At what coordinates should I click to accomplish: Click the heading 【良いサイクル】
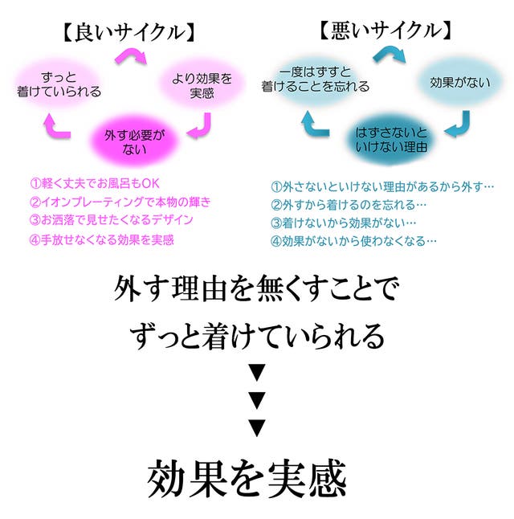click(x=128, y=32)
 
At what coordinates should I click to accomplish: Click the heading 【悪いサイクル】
click(x=385, y=31)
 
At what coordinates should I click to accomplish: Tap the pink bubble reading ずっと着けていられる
click(x=59, y=84)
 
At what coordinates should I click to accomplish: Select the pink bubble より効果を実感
click(x=202, y=85)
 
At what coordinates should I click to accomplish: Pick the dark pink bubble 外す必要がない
click(x=134, y=141)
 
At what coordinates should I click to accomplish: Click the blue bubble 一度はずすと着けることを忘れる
click(x=315, y=79)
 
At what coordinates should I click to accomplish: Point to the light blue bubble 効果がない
click(x=460, y=82)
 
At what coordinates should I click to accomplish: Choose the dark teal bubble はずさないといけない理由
click(x=391, y=140)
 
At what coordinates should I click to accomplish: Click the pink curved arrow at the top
click(x=132, y=55)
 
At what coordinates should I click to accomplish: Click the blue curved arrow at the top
click(x=390, y=55)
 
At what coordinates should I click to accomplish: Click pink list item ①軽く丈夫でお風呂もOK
click(x=95, y=183)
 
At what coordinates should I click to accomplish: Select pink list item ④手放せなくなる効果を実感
click(x=102, y=239)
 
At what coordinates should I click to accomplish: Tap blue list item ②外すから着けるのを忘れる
click(x=349, y=205)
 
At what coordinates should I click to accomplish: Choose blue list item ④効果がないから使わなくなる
click(x=353, y=241)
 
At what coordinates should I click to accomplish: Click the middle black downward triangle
click(x=257, y=400)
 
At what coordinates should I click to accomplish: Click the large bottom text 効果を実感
click(x=247, y=478)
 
